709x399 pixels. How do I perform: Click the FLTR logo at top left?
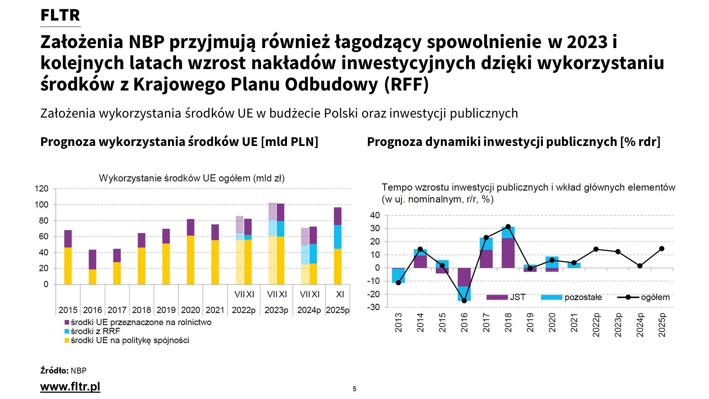[x=60, y=15]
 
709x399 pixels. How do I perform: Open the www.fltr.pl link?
[x=70, y=386]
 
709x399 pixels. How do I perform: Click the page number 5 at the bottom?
[x=354, y=389]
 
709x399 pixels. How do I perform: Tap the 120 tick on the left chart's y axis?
[x=41, y=189]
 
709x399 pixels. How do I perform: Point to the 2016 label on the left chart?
[x=92, y=310]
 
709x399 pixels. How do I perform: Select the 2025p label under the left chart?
[x=338, y=310]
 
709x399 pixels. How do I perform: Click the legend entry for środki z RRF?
[x=95, y=331]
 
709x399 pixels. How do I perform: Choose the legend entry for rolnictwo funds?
[x=141, y=322]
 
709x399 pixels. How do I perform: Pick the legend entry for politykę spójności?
[x=130, y=340]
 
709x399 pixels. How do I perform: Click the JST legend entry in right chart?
[x=517, y=297]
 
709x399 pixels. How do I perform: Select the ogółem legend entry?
[x=655, y=297]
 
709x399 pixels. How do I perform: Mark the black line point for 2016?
[x=464, y=301]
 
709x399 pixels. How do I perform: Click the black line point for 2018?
[x=508, y=227]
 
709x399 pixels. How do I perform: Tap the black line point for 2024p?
[x=640, y=266]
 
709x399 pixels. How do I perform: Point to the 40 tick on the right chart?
[x=375, y=215]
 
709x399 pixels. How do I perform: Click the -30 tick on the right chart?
[x=374, y=307]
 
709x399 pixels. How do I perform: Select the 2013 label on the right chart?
[x=398, y=323]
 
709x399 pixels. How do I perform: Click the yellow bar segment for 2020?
[x=191, y=260]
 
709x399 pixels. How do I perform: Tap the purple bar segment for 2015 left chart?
[x=68, y=239]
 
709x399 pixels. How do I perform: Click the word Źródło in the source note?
[x=54, y=371]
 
